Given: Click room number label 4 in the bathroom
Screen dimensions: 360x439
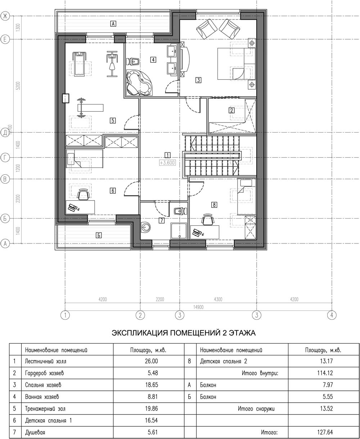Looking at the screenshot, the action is tap(153, 60).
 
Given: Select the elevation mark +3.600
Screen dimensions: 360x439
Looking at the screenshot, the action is tap(167, 162).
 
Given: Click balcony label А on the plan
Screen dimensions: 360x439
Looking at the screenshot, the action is tap(113, 24).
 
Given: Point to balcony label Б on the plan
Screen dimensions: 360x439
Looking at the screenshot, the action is tap(99, 235).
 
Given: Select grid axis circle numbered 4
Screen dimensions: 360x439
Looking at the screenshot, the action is tap(332, 315).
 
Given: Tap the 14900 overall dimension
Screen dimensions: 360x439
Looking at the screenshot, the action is tap(198, 307).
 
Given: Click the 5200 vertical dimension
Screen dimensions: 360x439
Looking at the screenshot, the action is tap(18, 86).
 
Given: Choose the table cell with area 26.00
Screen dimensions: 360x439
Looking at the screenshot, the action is tap(152, 361).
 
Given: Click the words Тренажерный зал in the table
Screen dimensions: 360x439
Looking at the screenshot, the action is tap(45, 409).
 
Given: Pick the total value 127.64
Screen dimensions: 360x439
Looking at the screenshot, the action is tap(325, 433).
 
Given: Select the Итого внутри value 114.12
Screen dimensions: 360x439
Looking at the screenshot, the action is tap(325, 373).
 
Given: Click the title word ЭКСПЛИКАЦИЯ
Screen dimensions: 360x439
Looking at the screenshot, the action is tap(140, 333).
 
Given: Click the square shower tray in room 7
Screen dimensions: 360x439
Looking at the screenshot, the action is tap(179, 230).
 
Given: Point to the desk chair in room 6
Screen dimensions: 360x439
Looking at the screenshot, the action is tap(84, 194).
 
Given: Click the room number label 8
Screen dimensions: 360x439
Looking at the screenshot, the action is tap(214, 205).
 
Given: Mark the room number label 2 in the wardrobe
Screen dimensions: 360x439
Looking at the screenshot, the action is tap(231, 110).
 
